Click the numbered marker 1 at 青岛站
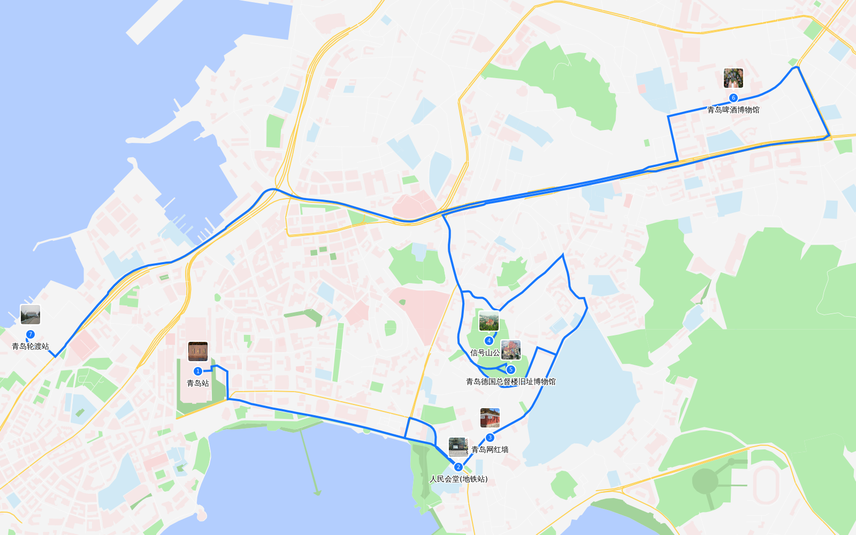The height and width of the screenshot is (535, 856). click(198, 371)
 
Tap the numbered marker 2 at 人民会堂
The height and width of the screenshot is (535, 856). click(458, 467)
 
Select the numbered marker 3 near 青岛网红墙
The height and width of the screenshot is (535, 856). click(490, 438)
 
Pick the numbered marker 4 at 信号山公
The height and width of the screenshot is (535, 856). click(488, 341)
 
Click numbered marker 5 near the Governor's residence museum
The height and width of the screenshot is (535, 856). click(510, 370)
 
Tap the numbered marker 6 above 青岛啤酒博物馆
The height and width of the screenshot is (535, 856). click(733, 98)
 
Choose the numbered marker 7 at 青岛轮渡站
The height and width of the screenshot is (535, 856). click(30, 334)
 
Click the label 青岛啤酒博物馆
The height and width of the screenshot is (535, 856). click(733, 110)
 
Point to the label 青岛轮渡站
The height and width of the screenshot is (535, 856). click(30, 346)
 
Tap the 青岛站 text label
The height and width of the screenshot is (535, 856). click(198, 383)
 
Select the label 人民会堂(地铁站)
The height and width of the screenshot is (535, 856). click(458, 479)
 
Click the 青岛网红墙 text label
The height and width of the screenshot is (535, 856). click(490, 449)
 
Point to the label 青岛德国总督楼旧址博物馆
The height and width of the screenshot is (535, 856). click(510, 381)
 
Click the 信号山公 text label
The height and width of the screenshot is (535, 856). click(485, 353)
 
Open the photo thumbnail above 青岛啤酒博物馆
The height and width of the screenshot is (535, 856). click(733, 78)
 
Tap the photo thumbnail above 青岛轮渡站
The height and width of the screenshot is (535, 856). click(30, 315)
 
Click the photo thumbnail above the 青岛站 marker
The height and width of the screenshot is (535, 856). click(198, 351)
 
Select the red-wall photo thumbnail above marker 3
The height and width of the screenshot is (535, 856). click(490, 418)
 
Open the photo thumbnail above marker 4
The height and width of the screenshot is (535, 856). click(488, 322)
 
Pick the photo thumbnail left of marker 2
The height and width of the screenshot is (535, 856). click(458, 447)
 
